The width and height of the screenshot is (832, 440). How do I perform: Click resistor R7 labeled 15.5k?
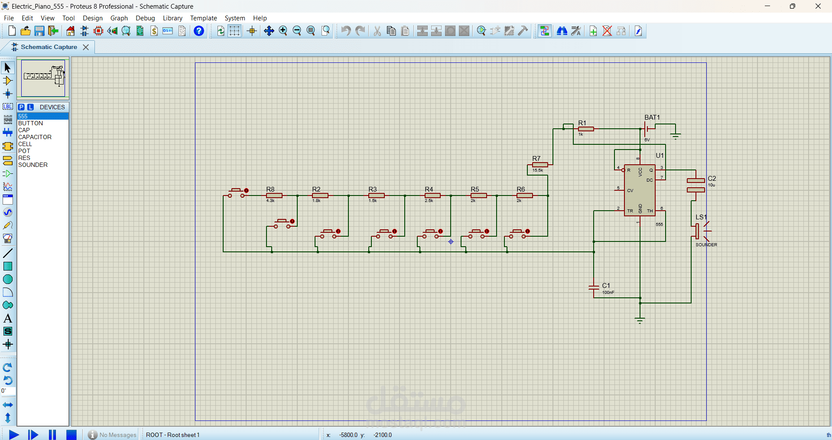[540, 165]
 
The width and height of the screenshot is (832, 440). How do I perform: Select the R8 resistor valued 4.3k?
[274, 196]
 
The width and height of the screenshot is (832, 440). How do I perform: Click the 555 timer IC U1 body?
[640, 190]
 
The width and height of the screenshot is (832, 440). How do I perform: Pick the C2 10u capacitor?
[695, 185]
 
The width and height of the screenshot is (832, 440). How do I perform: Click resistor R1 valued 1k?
[586, 129]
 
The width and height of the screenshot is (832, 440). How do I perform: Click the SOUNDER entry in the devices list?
[33, 165]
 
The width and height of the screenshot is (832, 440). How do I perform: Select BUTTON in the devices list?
[30, 123]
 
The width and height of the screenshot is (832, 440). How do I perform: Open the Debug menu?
[145, 18]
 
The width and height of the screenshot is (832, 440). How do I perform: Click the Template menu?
[203, 18]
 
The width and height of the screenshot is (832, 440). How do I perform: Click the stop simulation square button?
[71, 434]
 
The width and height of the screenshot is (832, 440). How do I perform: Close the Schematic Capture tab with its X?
[86, 47]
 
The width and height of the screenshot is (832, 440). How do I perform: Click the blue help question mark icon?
[199, 31]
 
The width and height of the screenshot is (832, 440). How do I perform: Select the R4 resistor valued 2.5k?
[432, 196]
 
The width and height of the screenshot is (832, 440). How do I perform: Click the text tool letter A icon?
[8, 318]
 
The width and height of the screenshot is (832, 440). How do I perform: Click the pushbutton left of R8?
[237, 192]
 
